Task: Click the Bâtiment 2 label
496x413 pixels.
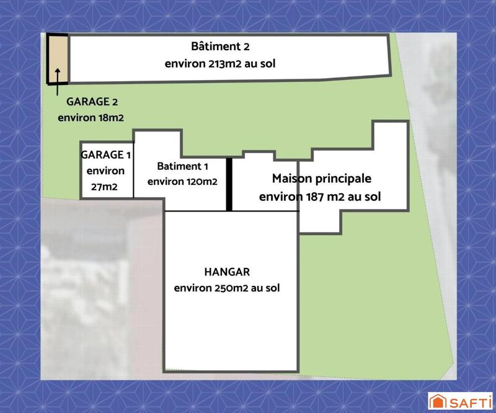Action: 220,47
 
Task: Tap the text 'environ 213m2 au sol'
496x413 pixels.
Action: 220,63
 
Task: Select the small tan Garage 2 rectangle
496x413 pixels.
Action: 58,58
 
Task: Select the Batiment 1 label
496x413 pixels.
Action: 182,166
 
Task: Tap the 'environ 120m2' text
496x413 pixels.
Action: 182,182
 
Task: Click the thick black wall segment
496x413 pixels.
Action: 229,184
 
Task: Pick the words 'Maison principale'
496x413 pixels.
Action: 322,179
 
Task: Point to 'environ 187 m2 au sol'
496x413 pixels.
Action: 320,197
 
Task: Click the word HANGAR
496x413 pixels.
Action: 226,272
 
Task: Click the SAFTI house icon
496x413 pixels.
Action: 436,400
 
